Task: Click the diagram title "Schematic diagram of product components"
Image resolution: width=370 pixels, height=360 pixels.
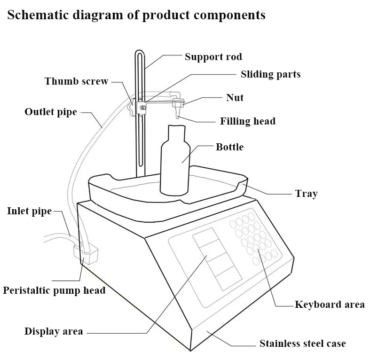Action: [x=136, y=15]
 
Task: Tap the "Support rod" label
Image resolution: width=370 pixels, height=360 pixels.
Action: [x=213, y=57]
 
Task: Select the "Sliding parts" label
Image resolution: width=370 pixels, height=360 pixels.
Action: [x=270, y=74]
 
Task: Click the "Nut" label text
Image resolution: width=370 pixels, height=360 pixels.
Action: [x=235, y=98]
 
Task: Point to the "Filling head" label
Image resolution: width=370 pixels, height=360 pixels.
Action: [x=248, y=121]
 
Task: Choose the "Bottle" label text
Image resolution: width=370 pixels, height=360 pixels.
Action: [x=229, y=147]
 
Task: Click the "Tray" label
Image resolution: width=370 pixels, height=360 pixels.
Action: [x=306, y=194]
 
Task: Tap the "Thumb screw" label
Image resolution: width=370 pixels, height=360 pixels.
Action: [x=77, y=81]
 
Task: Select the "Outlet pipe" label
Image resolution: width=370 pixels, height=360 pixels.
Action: [x=50, y=112]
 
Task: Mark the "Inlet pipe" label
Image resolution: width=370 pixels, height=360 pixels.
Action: [x=29, y=211]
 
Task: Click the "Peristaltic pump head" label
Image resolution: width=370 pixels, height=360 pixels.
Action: [x=54, y=290]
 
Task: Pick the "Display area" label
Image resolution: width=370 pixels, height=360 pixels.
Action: [x=54, y=331]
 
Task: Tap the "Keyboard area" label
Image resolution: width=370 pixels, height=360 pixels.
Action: [x=330, y=305]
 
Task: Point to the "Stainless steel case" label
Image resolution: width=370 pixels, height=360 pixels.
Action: [x=302, y=344]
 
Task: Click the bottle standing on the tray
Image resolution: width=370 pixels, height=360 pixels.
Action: [x=175, y=164]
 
